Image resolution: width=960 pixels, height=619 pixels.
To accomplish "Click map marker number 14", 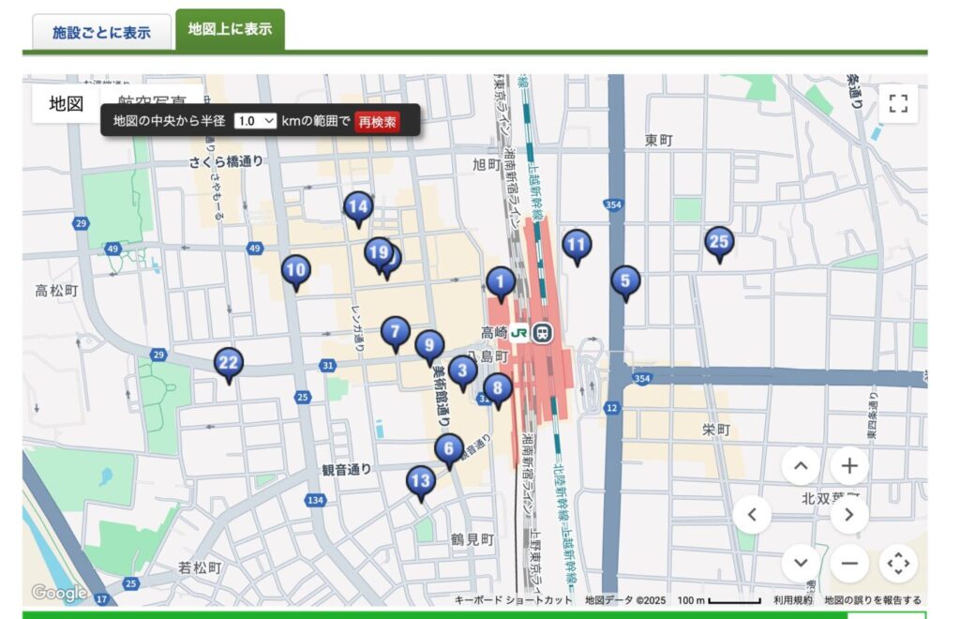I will tap(357, 207).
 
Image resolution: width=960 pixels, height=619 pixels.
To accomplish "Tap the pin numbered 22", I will tap(228, 363).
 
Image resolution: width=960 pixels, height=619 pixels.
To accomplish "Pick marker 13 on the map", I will tap(421, 482).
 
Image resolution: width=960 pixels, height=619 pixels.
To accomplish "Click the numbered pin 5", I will tap(625, 280).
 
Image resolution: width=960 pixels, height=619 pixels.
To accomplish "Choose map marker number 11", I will tap(577, 246).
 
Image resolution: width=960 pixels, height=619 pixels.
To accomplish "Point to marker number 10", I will tap(295, 271).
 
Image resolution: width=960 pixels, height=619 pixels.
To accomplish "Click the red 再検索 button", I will tap(377, 121).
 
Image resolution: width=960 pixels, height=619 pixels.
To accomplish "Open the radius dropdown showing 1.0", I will tap(255, 121).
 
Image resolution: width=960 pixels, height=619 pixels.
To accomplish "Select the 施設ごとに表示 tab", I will tap(101, 32).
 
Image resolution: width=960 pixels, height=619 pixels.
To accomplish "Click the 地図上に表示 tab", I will tap(230, 29).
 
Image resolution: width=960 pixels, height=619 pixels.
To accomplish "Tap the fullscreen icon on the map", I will tap(898, 103).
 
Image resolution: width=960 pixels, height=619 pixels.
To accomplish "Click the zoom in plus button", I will tap(849, 465).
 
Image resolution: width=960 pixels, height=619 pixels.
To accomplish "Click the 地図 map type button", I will tap(67, 103).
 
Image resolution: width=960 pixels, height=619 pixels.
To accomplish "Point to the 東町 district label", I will tap(658, 140).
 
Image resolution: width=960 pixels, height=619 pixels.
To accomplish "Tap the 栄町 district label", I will tap(715, 430).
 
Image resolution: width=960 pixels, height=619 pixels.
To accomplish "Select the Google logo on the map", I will tap(58, 593).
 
